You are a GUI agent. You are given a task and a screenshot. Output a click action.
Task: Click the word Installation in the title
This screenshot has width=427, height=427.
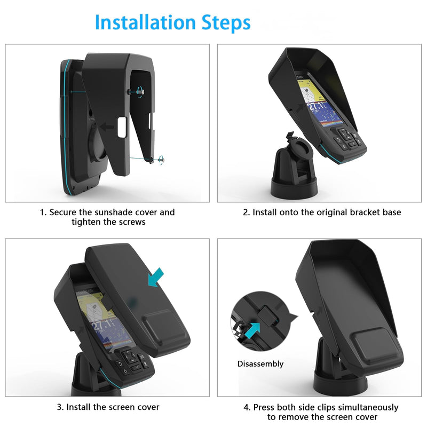pos(145,22)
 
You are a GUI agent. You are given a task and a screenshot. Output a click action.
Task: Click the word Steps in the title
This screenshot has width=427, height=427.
pos(226,23)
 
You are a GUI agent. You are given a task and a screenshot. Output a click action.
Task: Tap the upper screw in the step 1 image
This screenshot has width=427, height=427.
pos(140,91)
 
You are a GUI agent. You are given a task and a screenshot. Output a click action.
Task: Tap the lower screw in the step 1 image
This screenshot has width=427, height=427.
pos(161,160)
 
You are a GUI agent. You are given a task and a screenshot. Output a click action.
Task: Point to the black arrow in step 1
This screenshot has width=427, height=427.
pos(107,126)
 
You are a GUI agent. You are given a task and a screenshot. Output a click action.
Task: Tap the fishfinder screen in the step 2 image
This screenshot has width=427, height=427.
pos(319,102)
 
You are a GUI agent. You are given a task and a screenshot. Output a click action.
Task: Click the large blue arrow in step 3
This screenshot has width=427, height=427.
pos(156,277)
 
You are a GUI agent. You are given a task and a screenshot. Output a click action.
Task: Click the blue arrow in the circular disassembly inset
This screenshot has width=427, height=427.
pos(252,330)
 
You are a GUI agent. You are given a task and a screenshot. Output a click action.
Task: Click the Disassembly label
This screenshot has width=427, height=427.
pos(260,364)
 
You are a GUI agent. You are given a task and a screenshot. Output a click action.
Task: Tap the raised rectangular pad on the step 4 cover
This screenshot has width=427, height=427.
pos(377,346)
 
